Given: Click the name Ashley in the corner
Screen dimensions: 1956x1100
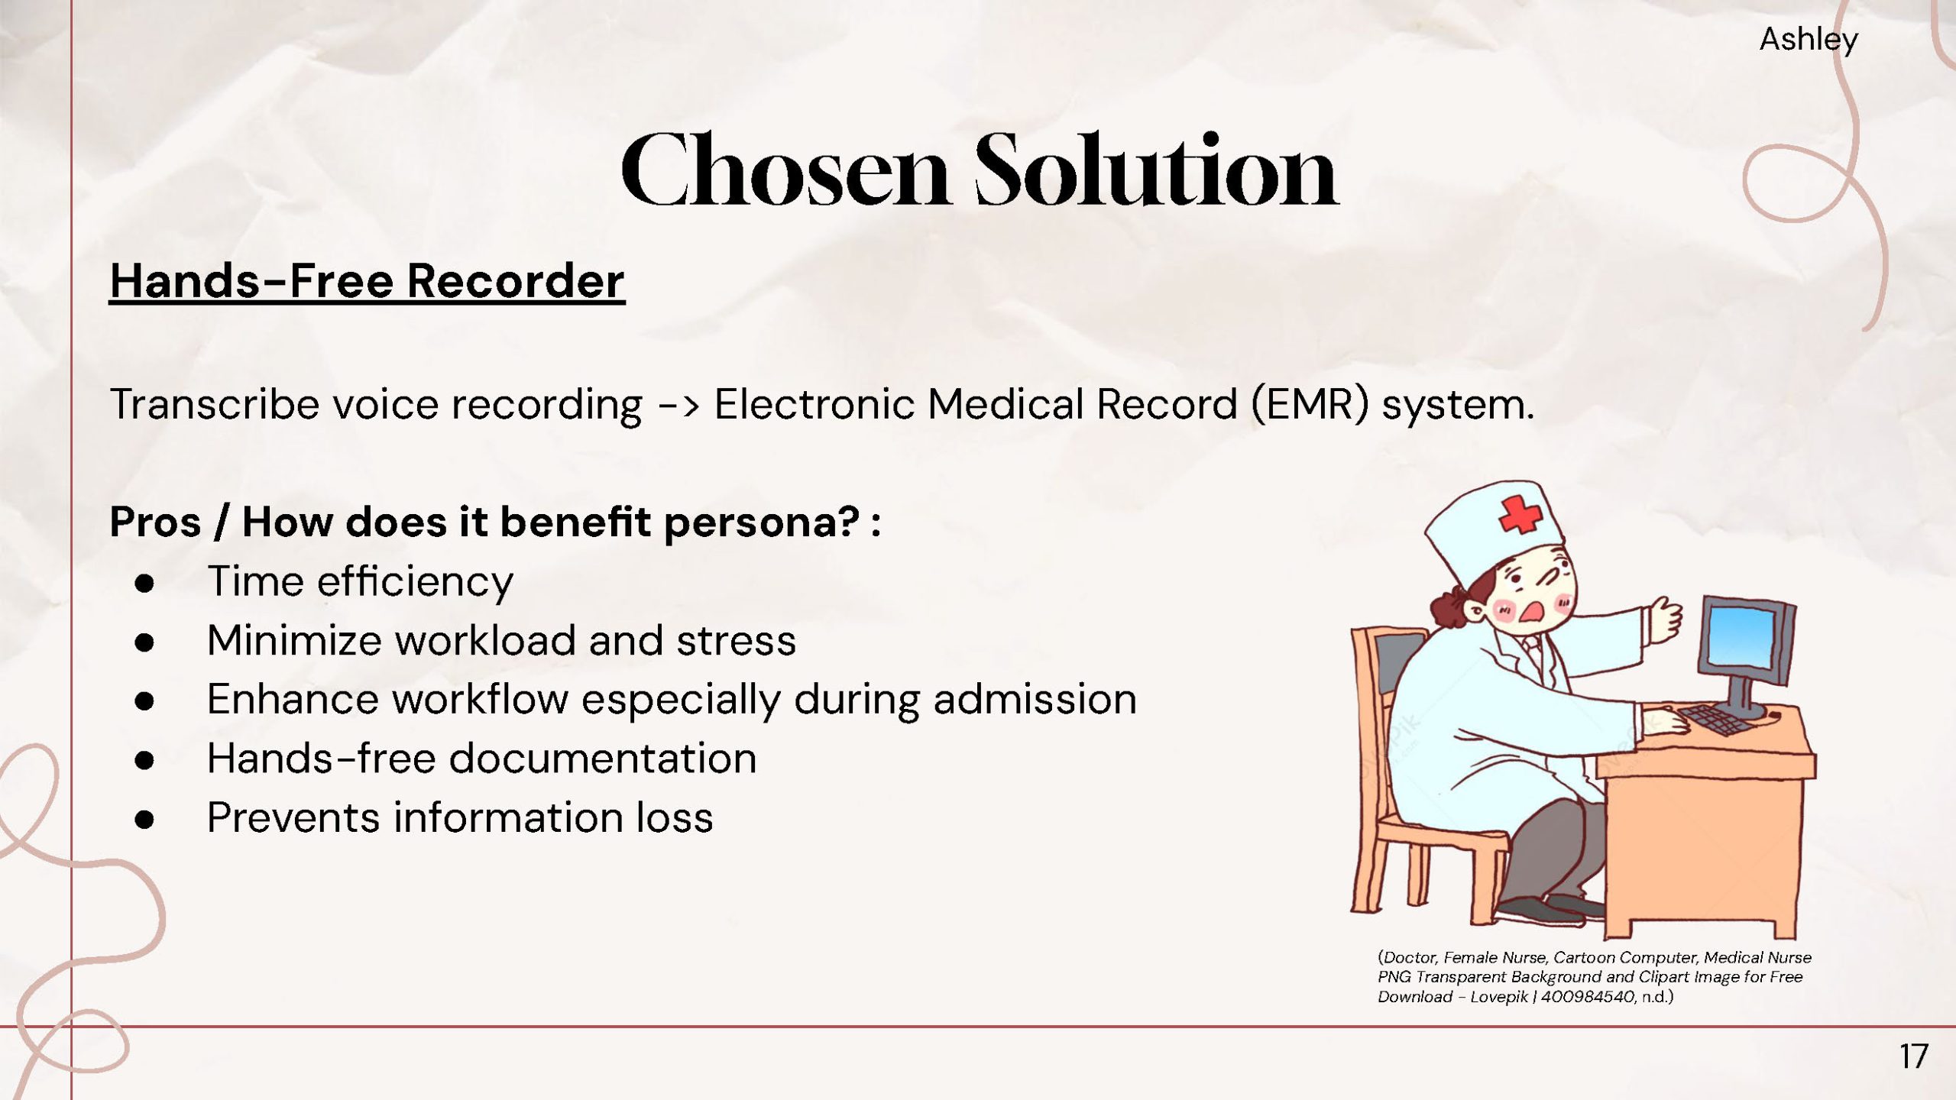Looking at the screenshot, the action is coord(1809,40).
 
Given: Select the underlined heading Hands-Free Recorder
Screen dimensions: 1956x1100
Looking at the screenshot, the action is coord(367,281).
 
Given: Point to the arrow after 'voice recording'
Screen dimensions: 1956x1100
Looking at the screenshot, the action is coord(678,405).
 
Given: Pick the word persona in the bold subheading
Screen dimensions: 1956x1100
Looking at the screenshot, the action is coord(762,523).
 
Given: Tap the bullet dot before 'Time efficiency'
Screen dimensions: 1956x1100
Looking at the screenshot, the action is coord(144,584).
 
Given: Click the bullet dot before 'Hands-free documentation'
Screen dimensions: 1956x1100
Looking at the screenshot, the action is coord(144,760).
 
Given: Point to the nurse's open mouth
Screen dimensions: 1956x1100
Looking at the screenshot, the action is coord(1534,612).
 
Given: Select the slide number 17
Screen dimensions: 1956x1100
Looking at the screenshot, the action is coord(1914,1057).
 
